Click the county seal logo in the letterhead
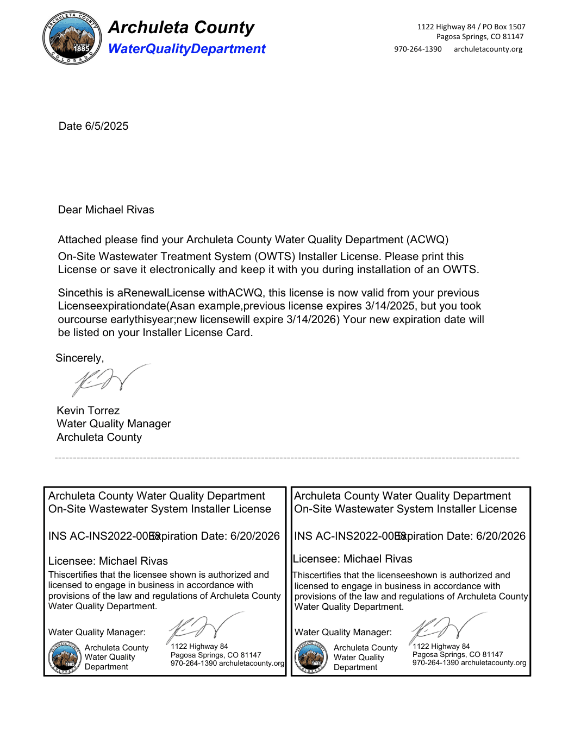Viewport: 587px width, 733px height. tap(72, 38)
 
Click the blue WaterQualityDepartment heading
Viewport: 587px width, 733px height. tap(186, 49)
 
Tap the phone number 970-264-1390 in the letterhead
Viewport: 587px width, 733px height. tap(418, 49)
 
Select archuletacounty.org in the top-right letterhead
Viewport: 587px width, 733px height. tap(488, 49)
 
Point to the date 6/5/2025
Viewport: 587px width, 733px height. tap(107, 127)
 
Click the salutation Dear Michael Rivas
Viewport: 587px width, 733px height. tap(106, 210)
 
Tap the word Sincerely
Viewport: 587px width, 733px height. tap(79, 358)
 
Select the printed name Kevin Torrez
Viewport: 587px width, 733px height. tap(88, 411)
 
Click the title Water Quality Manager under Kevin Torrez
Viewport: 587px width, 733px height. tap(114, 424)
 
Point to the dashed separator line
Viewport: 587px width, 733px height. tap(287, 458)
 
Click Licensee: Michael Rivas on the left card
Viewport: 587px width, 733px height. tap(108, 561)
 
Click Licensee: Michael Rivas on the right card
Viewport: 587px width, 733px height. tap(353, 559)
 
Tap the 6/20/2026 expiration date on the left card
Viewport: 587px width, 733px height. tap(255, 536)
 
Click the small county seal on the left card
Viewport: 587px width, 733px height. tap(64, 658)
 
